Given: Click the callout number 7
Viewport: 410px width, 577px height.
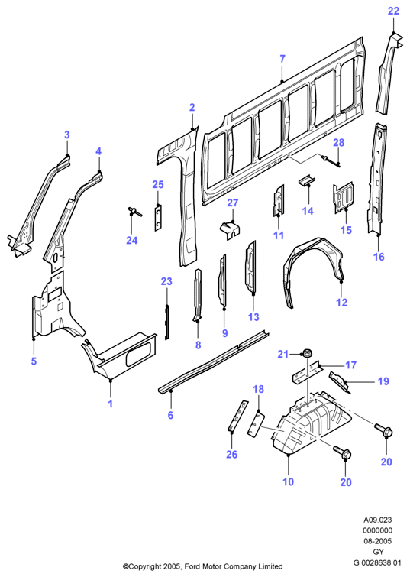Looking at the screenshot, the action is click(282, 59).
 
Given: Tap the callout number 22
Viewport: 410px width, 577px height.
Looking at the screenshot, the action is click(393, 11).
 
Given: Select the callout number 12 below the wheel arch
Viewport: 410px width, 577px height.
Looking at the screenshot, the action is click(341, 302).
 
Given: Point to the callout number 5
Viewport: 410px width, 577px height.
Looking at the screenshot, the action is click(34, 361).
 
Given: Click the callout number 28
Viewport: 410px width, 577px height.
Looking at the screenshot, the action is click(339, 142).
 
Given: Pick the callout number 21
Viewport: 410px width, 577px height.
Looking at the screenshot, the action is click(282, 354).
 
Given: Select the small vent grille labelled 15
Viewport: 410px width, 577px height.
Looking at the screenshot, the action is click(344, 197).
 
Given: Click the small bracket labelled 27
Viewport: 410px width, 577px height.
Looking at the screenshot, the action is click(230, 229).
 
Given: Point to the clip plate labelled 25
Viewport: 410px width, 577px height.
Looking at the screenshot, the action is click(158, 219).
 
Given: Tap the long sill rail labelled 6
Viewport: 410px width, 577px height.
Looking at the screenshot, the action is click(213, 361).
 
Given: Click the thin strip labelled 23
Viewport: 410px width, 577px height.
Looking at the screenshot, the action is click(167, 322).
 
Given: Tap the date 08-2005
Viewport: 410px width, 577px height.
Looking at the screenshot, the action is click(378, 541).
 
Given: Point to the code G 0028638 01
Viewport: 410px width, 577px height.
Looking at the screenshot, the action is click(377, 562).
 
